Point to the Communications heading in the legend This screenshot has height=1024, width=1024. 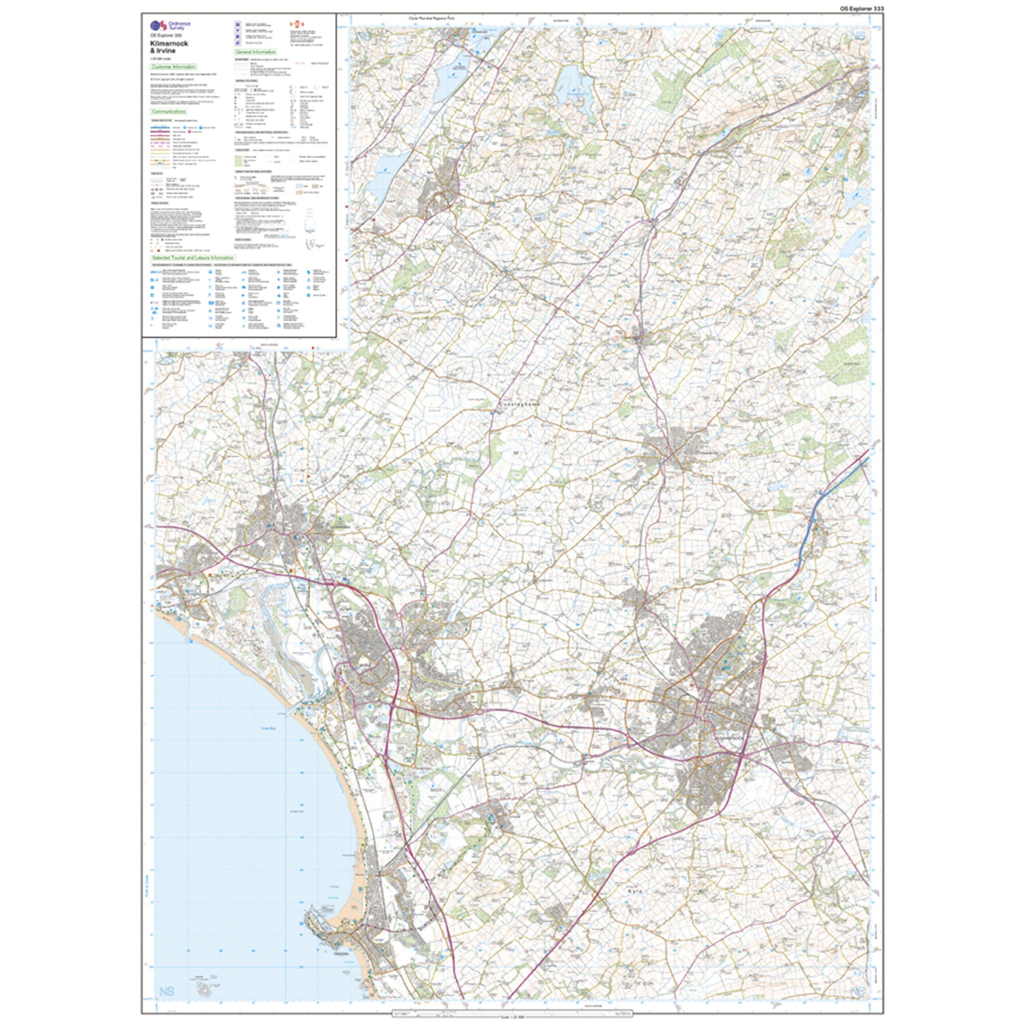(x=168, y=112)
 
